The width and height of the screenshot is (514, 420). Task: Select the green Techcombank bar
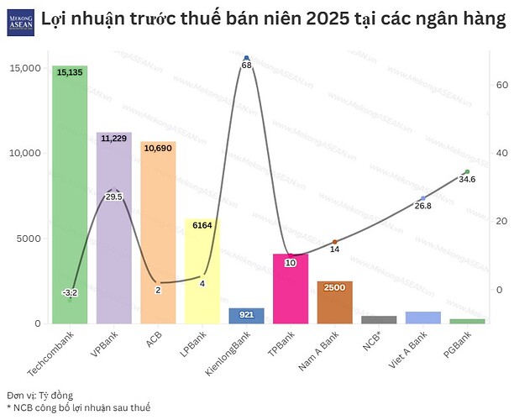click(x=69, y=202)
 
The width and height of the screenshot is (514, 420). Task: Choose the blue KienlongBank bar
click(x=246, y=315)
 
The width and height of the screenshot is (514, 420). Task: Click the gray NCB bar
click(x=379, y=319)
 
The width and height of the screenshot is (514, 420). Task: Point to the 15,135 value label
click(x=70, y=73)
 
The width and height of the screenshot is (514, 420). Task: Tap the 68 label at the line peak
click(x=246, y=65)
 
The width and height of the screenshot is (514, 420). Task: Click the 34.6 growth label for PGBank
click(x=467, y=179)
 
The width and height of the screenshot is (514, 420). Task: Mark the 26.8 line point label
click(x=422, y=206)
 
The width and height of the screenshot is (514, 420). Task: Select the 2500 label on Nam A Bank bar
click(x=334, y=288)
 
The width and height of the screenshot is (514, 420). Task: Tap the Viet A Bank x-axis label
click(x=410, y=346)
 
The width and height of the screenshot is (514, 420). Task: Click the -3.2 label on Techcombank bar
click(x=70, y=292)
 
